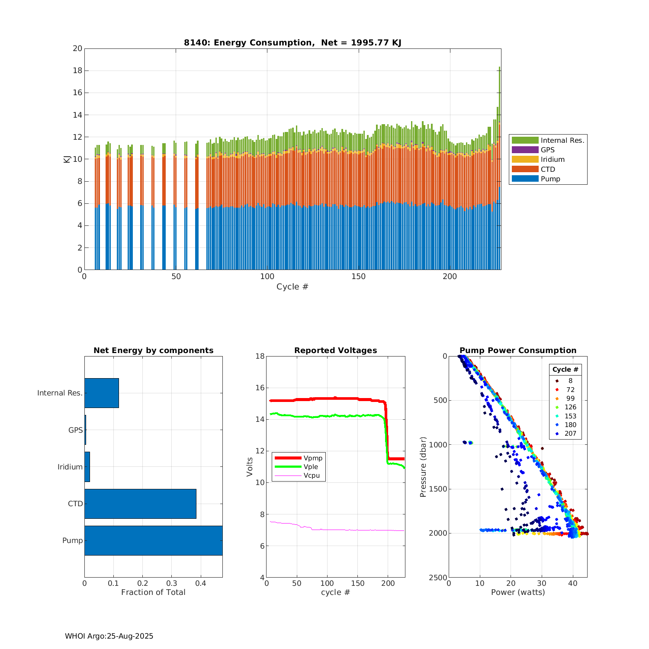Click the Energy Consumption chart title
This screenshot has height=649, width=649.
click(292, 42)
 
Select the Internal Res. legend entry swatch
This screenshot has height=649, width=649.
click(525, 140)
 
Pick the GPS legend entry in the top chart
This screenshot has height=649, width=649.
click(547, 150)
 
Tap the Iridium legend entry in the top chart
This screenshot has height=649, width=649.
click(552, 159)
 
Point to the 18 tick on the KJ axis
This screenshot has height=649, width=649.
click(77, 71)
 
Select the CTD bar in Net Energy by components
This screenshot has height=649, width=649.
click(140, 504)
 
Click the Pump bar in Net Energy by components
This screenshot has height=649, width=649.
click(153, 540)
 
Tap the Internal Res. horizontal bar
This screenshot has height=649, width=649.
click(101, 393)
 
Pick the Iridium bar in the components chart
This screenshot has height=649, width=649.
click(87, 467)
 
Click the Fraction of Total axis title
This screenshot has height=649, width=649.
click(153, 592)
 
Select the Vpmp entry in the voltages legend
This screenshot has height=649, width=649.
click(313, 458)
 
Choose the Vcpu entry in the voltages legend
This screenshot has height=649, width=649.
click(312, 476)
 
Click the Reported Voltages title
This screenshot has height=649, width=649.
click(335, 350)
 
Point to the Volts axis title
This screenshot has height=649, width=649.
click(250, 467)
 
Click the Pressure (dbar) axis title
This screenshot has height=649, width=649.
click(423, 467)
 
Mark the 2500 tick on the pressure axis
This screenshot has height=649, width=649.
click(438, 578)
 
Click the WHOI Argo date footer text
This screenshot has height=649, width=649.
click(109, 636)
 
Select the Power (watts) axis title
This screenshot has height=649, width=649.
click(518, 592)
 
